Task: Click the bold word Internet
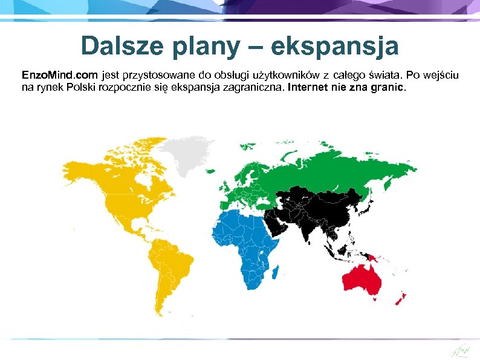pos(310,88)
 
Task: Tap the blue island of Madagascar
pos(275,274)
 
